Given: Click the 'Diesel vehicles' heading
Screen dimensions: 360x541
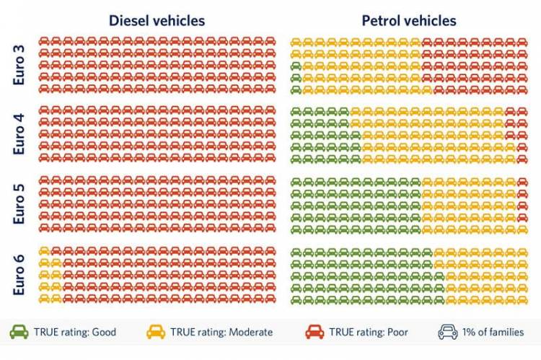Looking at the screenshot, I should point(157,20).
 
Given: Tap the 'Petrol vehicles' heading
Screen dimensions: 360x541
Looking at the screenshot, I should point(409,20).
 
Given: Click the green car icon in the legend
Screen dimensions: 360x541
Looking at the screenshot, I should point(19,332).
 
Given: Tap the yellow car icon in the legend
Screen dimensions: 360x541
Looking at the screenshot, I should point(156,332).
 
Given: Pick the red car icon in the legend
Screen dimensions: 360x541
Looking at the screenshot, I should point(314,332).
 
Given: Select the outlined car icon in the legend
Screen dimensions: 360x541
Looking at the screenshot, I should point(447,332).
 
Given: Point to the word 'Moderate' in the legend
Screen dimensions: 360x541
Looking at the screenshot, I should point(249,333).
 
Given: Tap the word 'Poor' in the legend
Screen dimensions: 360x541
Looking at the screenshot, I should point(403,333).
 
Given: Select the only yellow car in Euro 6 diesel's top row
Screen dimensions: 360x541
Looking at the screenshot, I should point(44,250).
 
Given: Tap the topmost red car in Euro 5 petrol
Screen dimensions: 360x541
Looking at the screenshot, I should point(523,181).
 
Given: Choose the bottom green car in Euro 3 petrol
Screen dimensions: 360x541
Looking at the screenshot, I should point(296,89).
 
